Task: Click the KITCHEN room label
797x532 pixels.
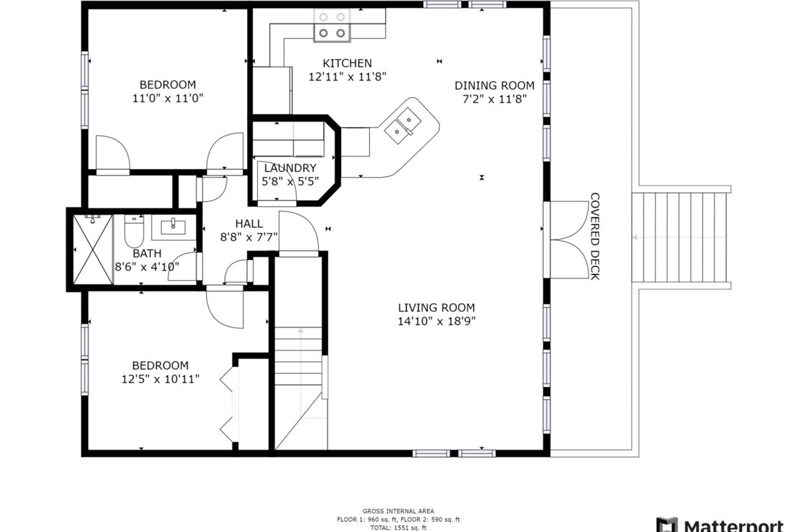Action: [347, 63]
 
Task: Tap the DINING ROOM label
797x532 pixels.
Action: [495, 86]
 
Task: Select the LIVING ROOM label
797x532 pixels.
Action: [436, 307]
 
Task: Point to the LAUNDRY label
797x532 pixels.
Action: [290, 168]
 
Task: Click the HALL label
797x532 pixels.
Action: [249, 224]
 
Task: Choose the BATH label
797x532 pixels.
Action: [147, 253]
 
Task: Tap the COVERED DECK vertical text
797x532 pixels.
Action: [595, 236]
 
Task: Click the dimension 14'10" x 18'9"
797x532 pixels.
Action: [436, 321]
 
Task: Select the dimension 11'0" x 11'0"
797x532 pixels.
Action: [167, 98]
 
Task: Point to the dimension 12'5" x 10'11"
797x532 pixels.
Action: [161, 379]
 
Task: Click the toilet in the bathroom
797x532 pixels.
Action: [134, 231]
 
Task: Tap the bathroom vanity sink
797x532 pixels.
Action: [173, 227]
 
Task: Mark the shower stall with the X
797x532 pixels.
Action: [93, 249]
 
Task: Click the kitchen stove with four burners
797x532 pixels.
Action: [332, 25]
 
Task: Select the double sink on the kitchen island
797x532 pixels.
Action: [402, 126]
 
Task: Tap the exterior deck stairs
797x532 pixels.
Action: [681, 237]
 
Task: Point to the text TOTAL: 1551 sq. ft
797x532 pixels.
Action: [398, 528]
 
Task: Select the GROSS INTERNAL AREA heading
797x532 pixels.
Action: [398, 511]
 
